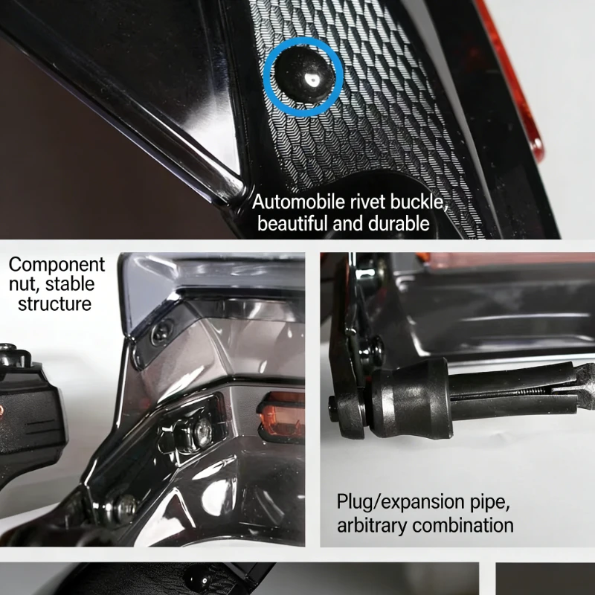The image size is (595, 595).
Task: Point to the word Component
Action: pyautogui.click(x=57, y=266)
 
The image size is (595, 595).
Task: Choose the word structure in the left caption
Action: pyautogui.click(x=54, y=304)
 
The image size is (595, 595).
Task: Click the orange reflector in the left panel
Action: pyautogui.click(x=282, y=416)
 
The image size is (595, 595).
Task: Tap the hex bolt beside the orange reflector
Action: pyautogui.click(x=202, y=433)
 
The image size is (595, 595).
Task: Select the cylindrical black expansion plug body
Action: pyautogui.click(x=410, y=399)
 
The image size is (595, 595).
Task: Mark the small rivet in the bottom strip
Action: pyautogui.click(x=200, y=581)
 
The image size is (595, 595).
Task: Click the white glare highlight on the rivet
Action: pyautogui.click(x=312, y=80)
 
